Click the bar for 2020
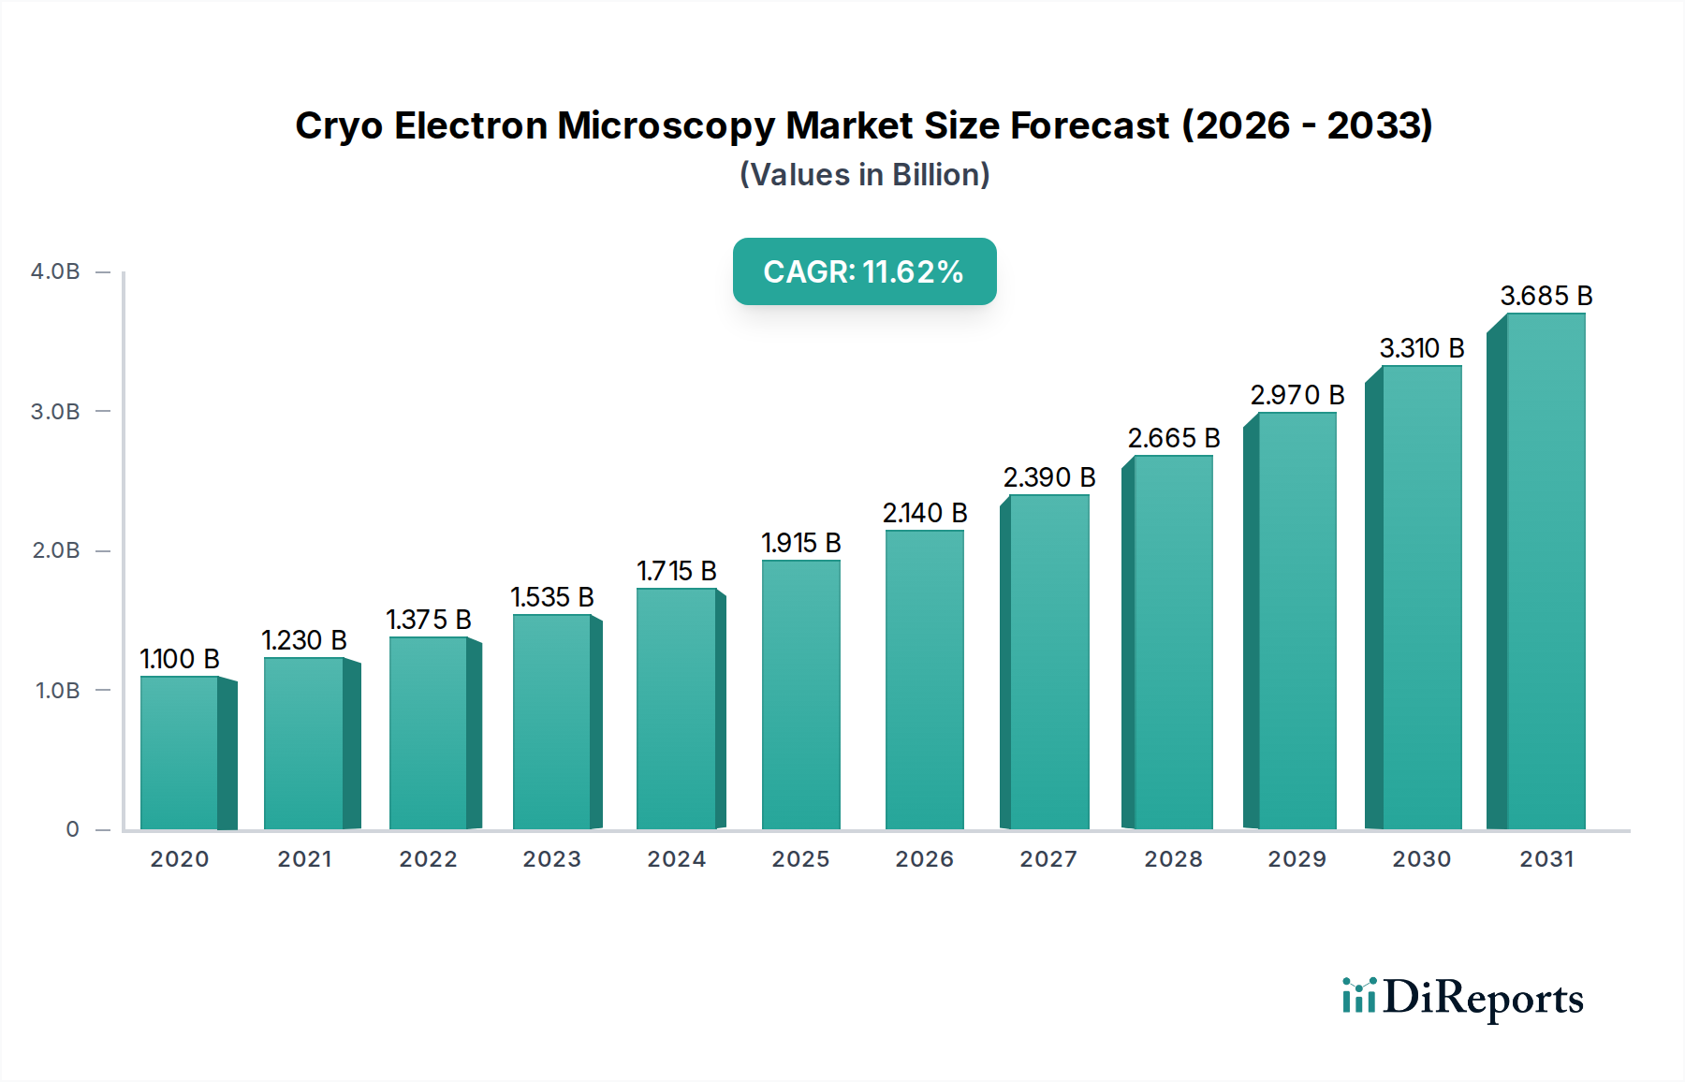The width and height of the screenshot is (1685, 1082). (180, 753)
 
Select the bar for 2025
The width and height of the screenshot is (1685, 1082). (800, 695)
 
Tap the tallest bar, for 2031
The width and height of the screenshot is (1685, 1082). (1545, 571)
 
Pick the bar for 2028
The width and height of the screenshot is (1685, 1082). (1172, 642)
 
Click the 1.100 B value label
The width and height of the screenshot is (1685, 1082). (180, 659)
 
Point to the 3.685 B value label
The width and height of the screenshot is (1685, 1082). (1546, 296)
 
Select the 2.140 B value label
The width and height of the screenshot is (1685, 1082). (924, 513)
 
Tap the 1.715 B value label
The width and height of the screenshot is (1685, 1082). (676, 571)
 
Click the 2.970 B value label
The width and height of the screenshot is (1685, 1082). (1297, 395)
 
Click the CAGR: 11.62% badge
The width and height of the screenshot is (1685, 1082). (864, 271)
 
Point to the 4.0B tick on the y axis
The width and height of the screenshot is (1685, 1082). (55, 271)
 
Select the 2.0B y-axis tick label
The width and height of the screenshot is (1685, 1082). (55, 550)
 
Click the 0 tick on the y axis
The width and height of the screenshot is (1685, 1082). (72, 829)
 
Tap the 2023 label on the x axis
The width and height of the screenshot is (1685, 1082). (551, 859)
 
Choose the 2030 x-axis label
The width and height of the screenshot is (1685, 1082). (1421, 859)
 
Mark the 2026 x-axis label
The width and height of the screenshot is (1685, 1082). (924, 859)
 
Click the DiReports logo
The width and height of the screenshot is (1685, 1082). (1462, 998)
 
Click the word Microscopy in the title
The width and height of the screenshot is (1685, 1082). (666, 125)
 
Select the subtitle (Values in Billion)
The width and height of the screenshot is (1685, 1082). (864, 175)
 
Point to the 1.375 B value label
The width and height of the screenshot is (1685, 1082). (428, 620)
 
